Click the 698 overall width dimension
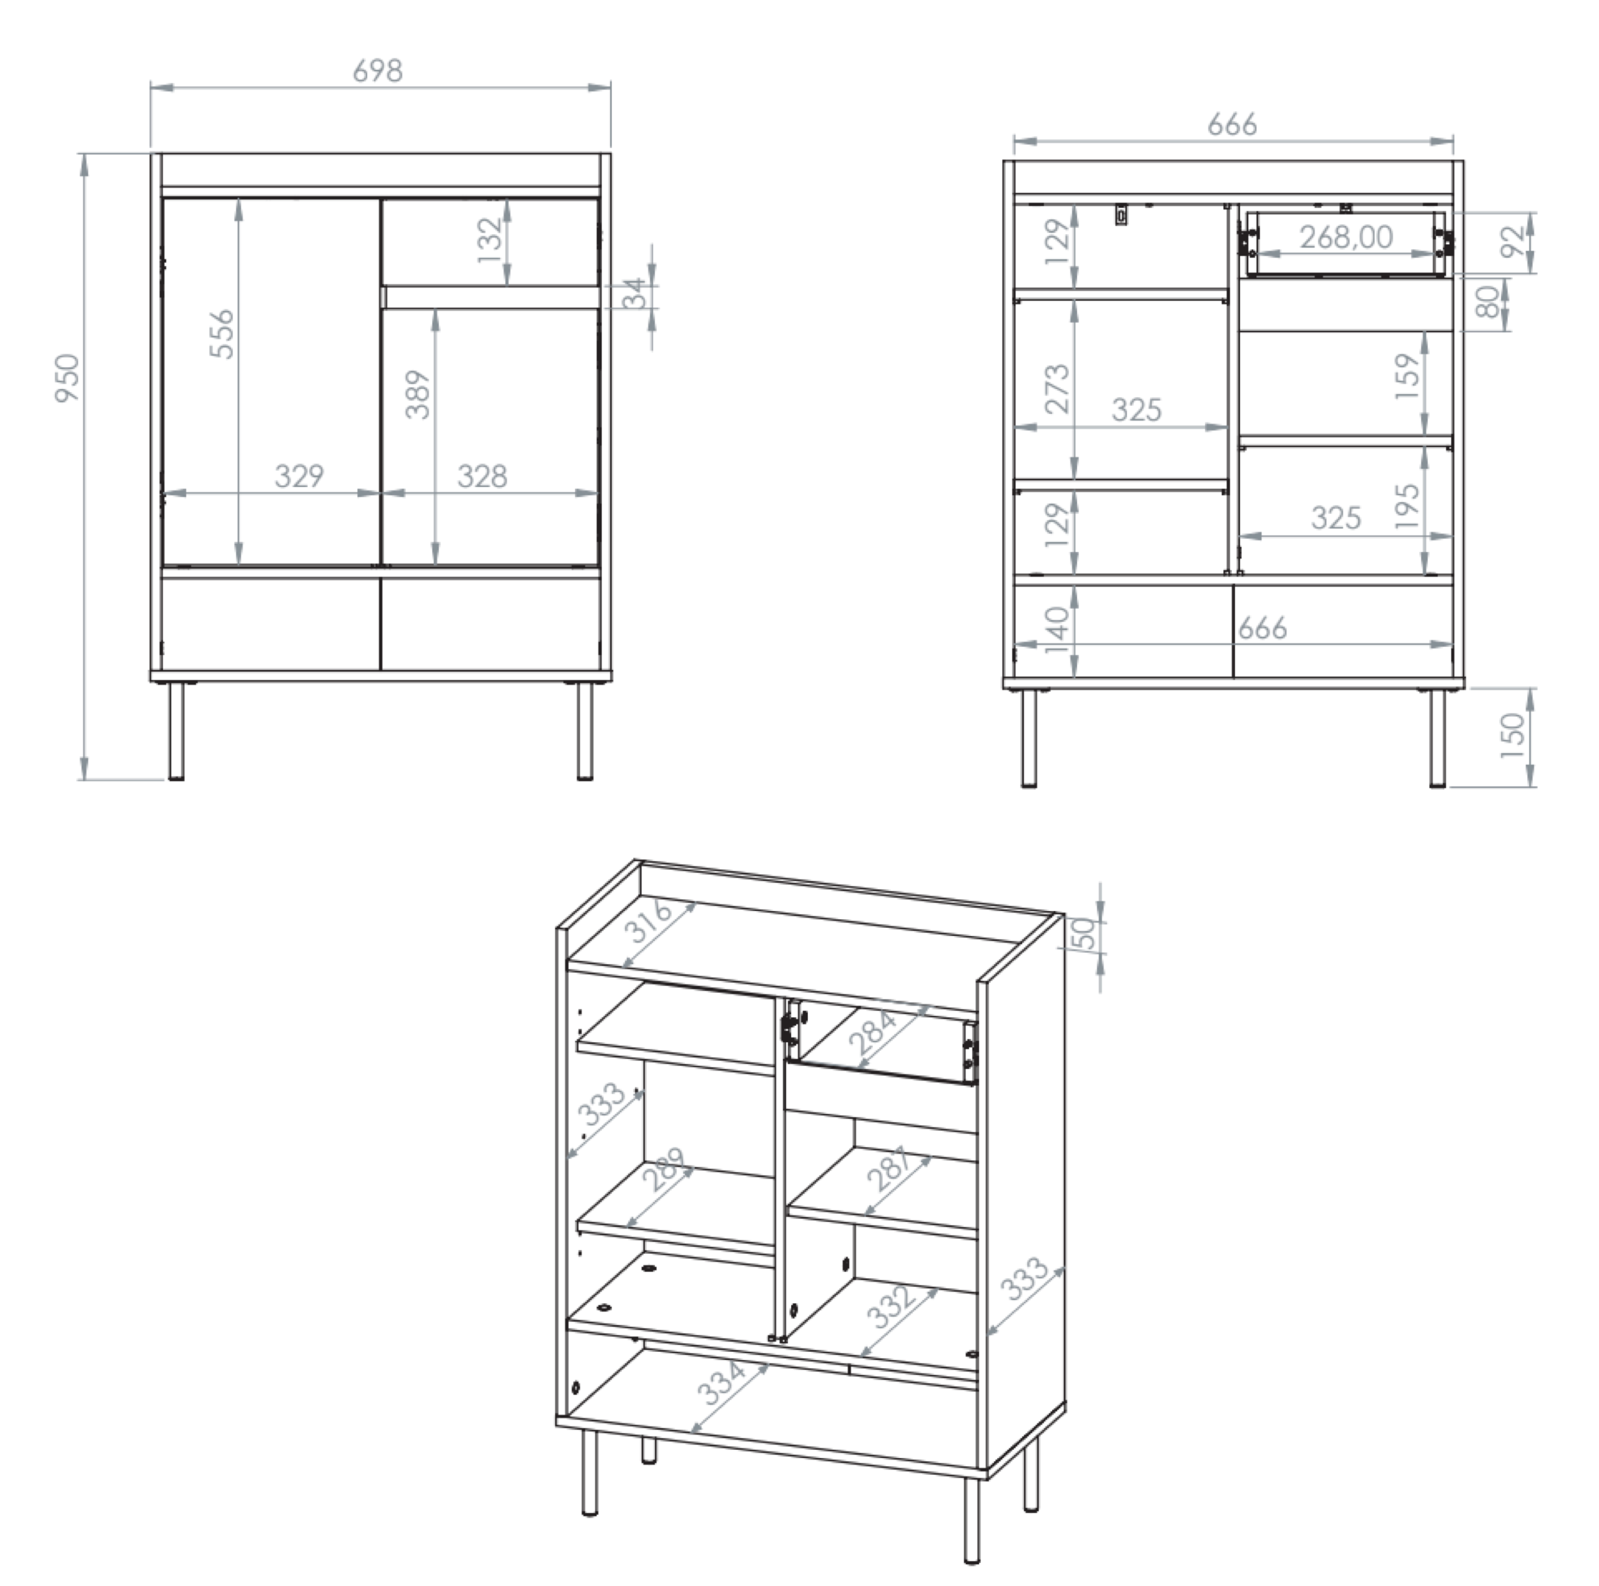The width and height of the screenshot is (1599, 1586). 377,71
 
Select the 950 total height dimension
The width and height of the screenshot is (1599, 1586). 67,378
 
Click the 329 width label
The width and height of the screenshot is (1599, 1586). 299,476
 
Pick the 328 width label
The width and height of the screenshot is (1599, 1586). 482,476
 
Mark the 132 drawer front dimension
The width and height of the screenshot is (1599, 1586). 490,240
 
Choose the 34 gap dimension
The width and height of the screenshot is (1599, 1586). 634,293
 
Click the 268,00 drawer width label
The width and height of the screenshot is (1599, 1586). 1346,237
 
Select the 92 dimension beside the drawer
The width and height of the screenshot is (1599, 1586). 1511,242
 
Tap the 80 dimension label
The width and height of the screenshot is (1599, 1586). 1488,302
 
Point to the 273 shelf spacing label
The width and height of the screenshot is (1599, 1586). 1058,388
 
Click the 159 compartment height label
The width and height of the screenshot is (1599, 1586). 1407,377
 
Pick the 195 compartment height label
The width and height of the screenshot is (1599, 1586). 1407,507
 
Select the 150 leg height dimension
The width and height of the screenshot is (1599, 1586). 1511,736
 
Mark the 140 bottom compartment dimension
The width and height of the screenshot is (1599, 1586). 1058,630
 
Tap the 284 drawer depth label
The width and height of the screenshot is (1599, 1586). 873,1033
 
